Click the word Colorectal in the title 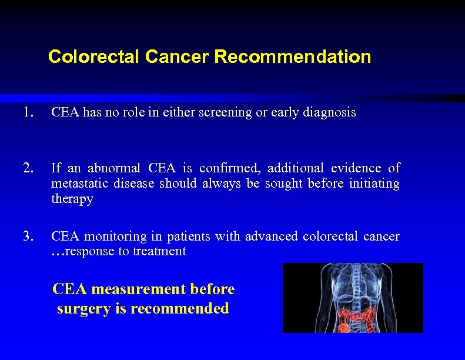[94, 57]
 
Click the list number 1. [27, 112]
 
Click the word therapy [72, 199]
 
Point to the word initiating [374, 184]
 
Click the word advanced [272, 236]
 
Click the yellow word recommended [180, 308]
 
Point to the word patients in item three [188, 236]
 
